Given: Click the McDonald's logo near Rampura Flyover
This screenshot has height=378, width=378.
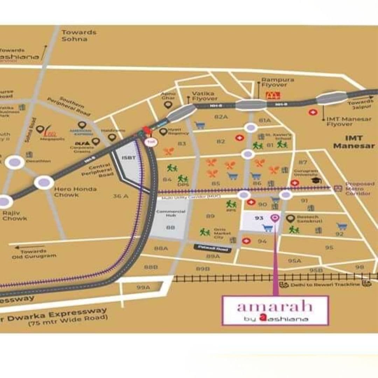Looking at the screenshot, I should [x=273, y=95].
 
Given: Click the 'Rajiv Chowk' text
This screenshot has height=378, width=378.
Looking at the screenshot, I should [x=14, y=216].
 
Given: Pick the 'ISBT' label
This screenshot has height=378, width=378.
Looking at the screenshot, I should [x=126, y=157].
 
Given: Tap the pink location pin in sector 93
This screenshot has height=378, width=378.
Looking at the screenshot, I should [x=275, y=218].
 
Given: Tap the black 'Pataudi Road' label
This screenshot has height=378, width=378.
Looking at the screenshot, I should [x=212, y=248].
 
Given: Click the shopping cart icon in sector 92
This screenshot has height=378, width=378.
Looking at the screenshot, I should [x=341, y=226].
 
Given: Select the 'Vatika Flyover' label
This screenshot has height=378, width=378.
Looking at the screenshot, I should [x=205, y=96].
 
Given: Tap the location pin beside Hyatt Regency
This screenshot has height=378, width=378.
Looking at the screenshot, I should [x=163, y=132].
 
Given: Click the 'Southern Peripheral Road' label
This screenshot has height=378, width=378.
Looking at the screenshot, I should [x=69, y=106].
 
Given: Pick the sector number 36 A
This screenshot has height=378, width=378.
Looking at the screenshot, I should [x=120, y=196].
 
